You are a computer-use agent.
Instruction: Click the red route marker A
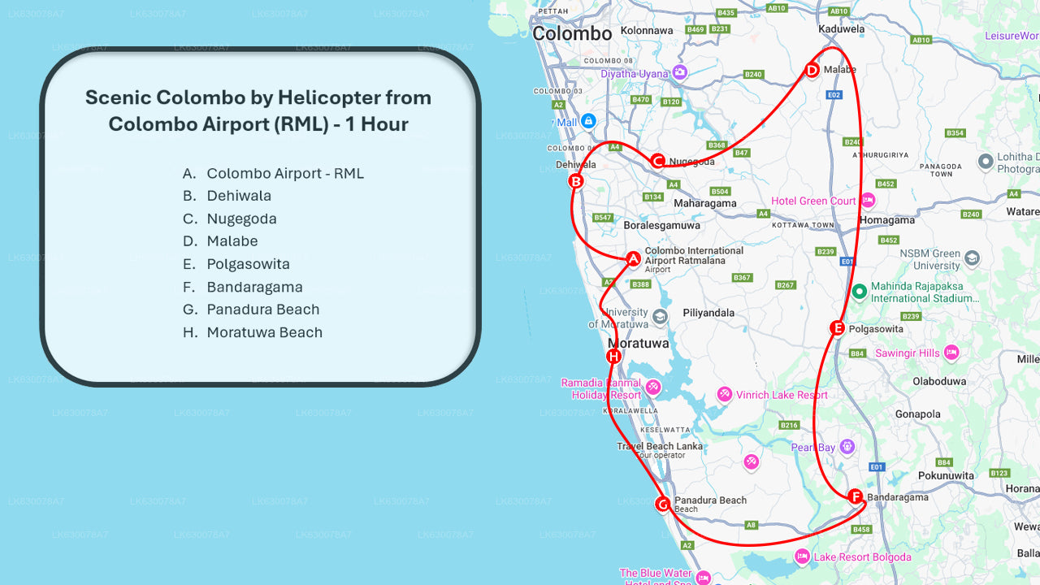coord(633,258)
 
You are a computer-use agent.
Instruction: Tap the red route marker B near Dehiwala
coord(575,181)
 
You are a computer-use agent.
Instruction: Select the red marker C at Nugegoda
coord(658,161)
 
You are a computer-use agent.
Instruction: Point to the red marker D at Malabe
coord(811,70)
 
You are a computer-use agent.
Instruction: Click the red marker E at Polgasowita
coord(837,328)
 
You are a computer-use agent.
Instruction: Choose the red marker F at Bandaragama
coord(855,496)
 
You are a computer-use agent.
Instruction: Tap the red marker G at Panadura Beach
coord(662,505)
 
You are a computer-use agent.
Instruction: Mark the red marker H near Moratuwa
coord(613,357)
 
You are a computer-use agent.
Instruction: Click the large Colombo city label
coord(572,34)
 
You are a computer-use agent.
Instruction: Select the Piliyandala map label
coord(708,313)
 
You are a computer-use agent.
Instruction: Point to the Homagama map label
coord(887,220)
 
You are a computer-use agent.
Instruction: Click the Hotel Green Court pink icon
coord(868,200)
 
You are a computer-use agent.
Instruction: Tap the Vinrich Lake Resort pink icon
coord(724,395)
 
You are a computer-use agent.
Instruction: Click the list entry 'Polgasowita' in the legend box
coord(248,264)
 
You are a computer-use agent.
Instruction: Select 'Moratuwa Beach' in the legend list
coord(264,332)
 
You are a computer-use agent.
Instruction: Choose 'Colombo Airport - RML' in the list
coord(285,173)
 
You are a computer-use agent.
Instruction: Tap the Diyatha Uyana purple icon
coord(679,72)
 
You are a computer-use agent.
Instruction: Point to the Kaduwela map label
coord(842,28)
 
